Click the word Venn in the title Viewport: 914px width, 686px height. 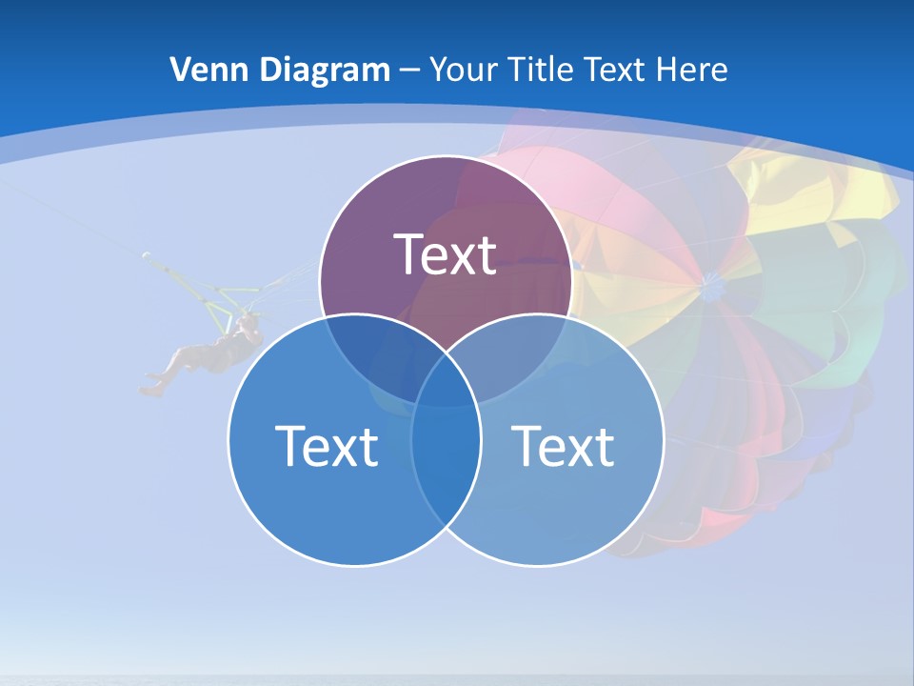(202, 70)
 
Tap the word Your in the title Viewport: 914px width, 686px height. (463, 70)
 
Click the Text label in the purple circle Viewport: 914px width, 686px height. (446, 254)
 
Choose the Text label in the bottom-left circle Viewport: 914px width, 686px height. (327, 445)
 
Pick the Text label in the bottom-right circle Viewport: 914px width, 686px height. (563, 445)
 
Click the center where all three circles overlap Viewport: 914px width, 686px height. (446, 386)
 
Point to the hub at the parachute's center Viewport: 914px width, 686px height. (709, 282)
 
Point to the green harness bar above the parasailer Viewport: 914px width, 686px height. (228, 292)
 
